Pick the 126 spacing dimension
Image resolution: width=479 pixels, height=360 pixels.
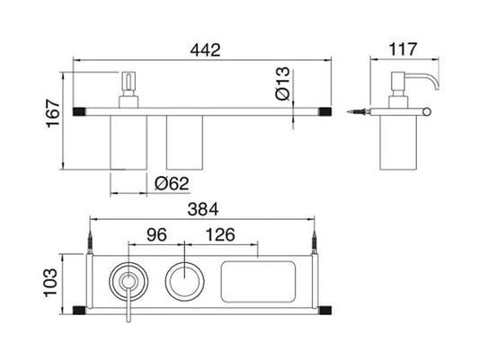pyautogui.click(x=219, y=238)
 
